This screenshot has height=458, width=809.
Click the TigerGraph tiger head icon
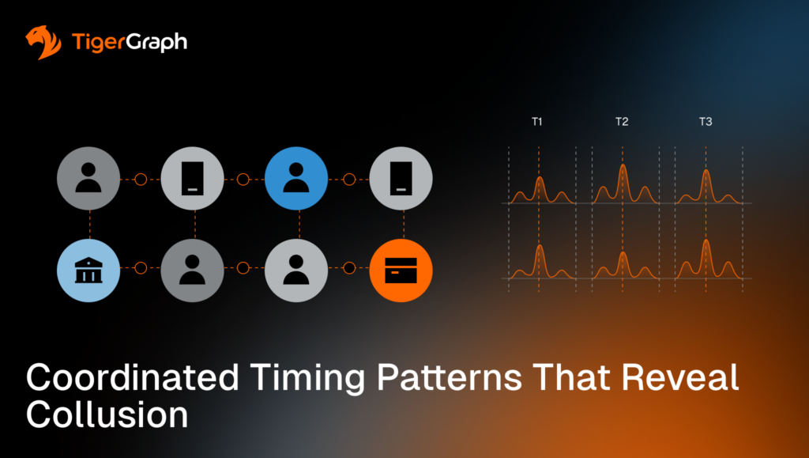pyautogui.click(x=43, y=43)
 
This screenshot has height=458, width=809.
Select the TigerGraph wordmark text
pyautogui.click(x=129, y=42)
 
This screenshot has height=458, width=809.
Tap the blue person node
pyautogui.click(x=296, y=180)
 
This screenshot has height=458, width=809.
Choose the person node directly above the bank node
pyautogui.click(x=88, y=180)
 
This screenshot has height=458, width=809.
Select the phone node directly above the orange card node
pyautogui.click(x=401, y=180)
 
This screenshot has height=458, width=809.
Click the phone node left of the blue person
pyautogui.click(x=193, y=180)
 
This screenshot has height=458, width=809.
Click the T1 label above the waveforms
pyautogui.click(x=537, y=122)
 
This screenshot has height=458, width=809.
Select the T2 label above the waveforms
pyautogui.click(x=622, y=122)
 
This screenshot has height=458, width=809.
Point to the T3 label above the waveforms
pyautogui.click(x=706, y=122)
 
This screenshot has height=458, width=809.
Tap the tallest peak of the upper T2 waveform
pyautogui.click(x=623, y=166)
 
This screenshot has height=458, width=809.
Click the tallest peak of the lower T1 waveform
pyautogui.click(x=540, y=248)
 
